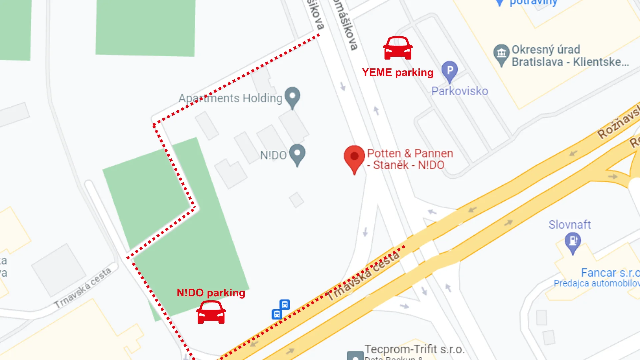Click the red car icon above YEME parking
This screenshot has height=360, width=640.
398,48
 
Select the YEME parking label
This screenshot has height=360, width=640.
397,72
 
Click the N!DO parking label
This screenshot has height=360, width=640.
211,293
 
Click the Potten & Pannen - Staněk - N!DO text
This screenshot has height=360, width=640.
410,159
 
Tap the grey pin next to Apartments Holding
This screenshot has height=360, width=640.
292,97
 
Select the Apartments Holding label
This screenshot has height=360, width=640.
230,98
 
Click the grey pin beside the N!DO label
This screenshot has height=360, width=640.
297,154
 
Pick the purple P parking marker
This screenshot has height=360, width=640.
450,71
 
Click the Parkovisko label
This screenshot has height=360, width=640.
460,91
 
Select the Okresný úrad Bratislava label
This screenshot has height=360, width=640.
570,56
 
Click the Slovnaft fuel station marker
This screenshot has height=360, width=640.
573,241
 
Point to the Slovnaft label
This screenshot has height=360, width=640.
570,225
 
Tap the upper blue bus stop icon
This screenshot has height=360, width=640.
285,304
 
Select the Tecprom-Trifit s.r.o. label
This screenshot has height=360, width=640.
414,349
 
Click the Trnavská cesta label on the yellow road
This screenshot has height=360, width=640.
363,275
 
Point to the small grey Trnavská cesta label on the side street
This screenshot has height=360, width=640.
83,288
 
